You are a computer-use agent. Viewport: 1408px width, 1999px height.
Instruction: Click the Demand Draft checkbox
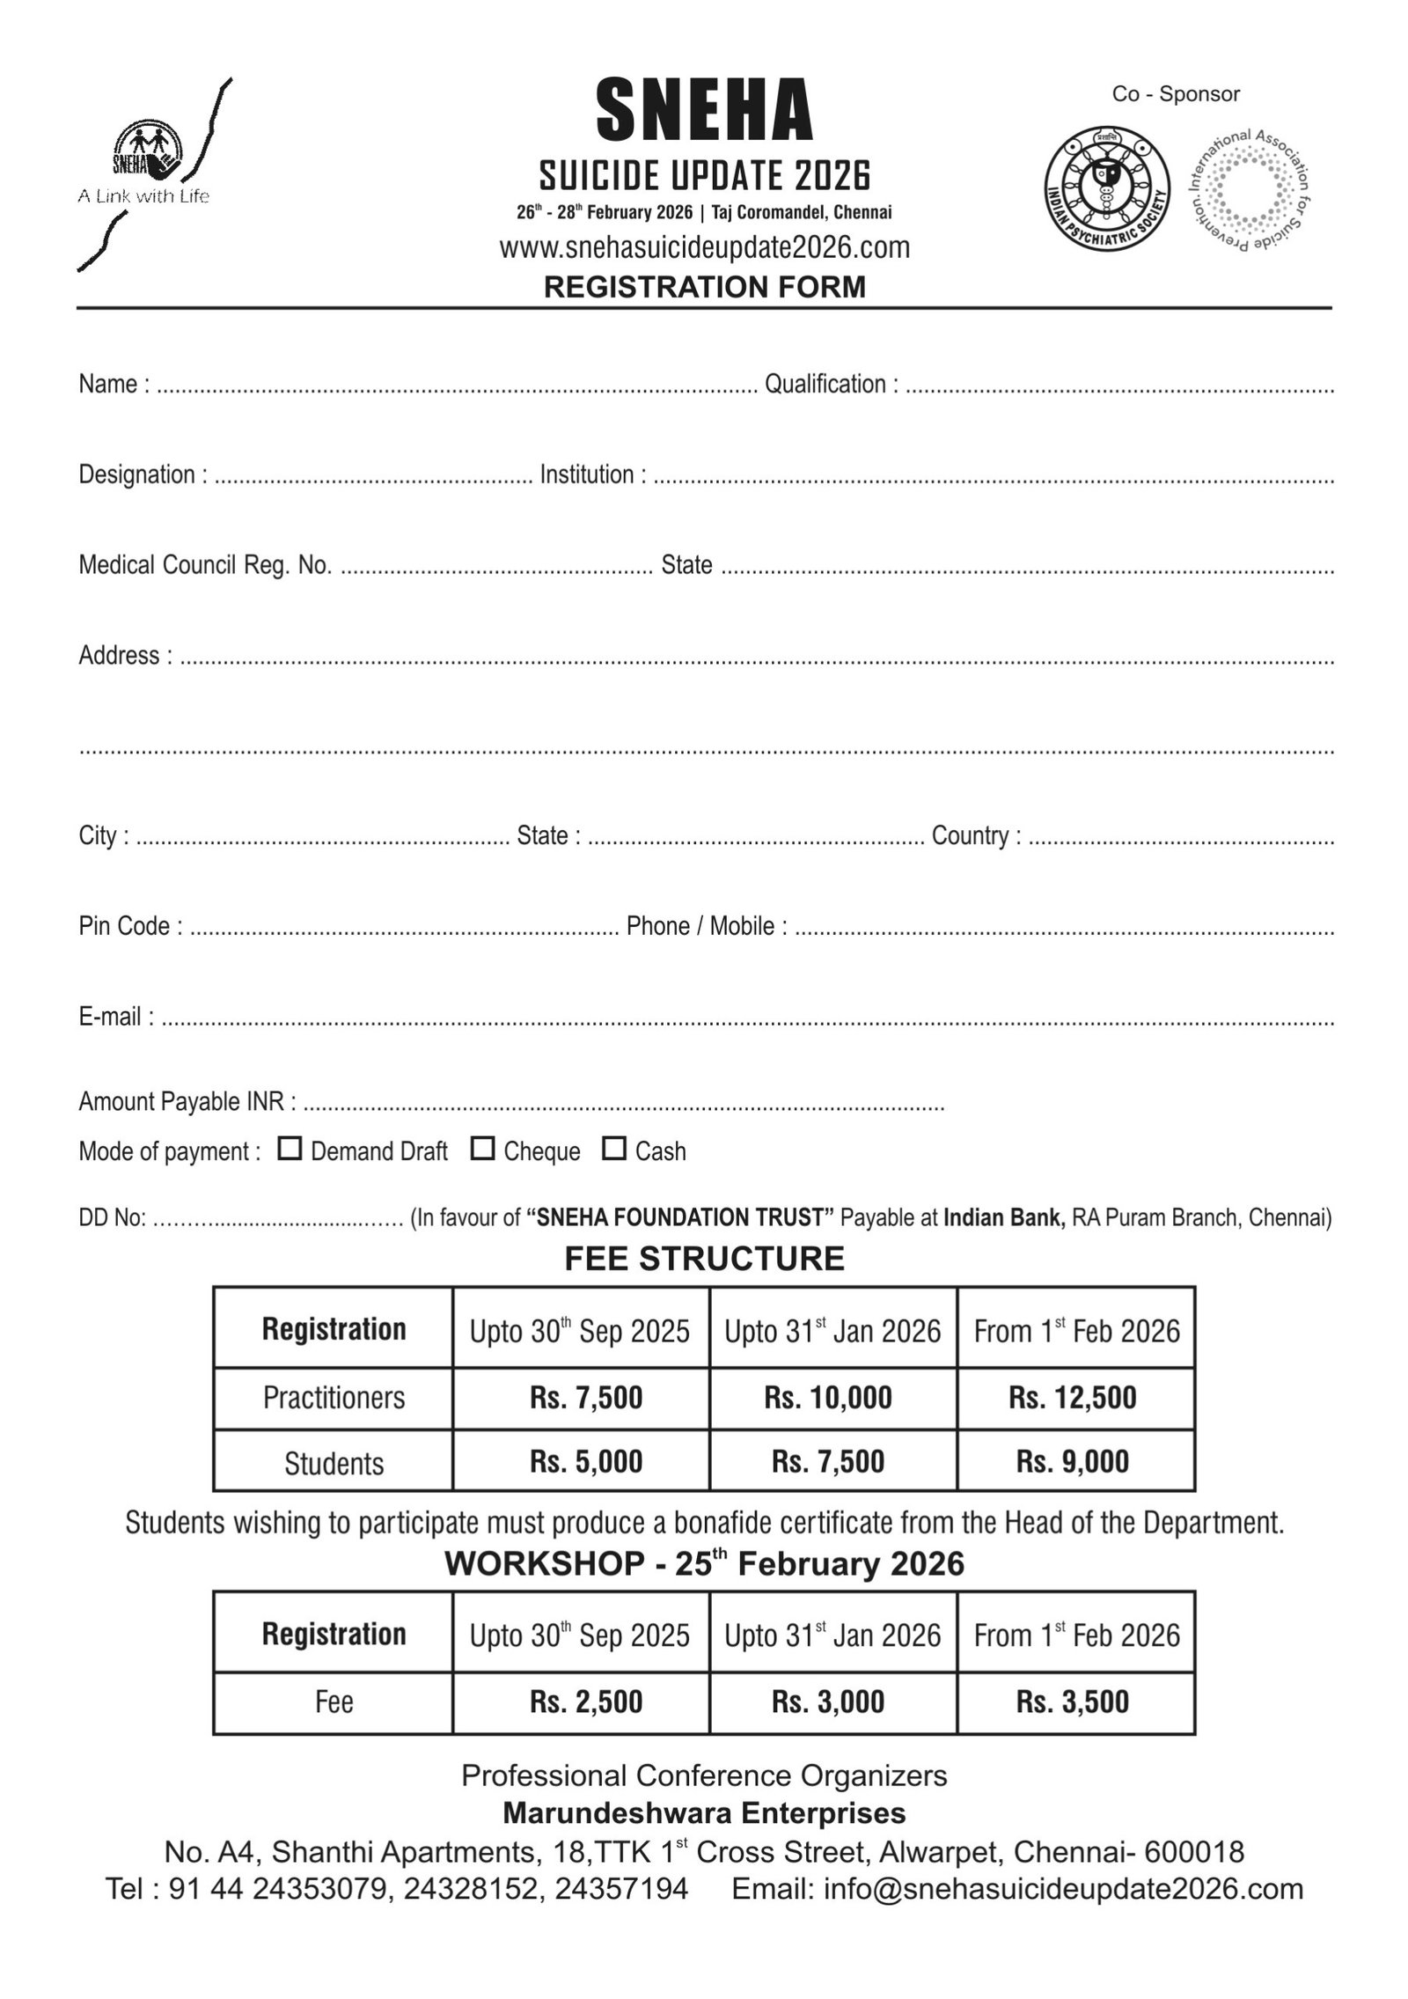pos(290,1148)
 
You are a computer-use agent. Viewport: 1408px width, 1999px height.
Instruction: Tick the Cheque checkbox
pos(482,1148)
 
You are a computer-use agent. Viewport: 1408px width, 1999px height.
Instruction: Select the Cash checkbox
pos(614,1148)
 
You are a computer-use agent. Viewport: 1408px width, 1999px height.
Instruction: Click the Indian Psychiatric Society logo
pos(1107,190)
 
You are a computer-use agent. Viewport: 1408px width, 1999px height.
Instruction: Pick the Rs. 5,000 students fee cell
pos(586,1461)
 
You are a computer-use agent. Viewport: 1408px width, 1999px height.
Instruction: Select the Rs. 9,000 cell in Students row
pos(1073,1461)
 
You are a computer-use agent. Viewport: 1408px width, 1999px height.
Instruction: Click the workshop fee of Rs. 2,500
pos(586,1701)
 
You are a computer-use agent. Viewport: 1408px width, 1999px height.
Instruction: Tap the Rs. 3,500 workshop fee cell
pos(1073,1701)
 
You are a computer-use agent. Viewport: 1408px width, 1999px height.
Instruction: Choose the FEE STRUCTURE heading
pos(704,1259)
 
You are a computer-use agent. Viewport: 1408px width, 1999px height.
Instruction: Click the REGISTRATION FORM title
pos(705,287)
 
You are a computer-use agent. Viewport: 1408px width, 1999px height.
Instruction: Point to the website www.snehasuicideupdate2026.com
pos(705,248)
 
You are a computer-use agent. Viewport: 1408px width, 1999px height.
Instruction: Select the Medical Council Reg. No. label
pos(205,564)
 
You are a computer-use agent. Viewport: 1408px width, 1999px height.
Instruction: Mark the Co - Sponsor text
pos(1176,94)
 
